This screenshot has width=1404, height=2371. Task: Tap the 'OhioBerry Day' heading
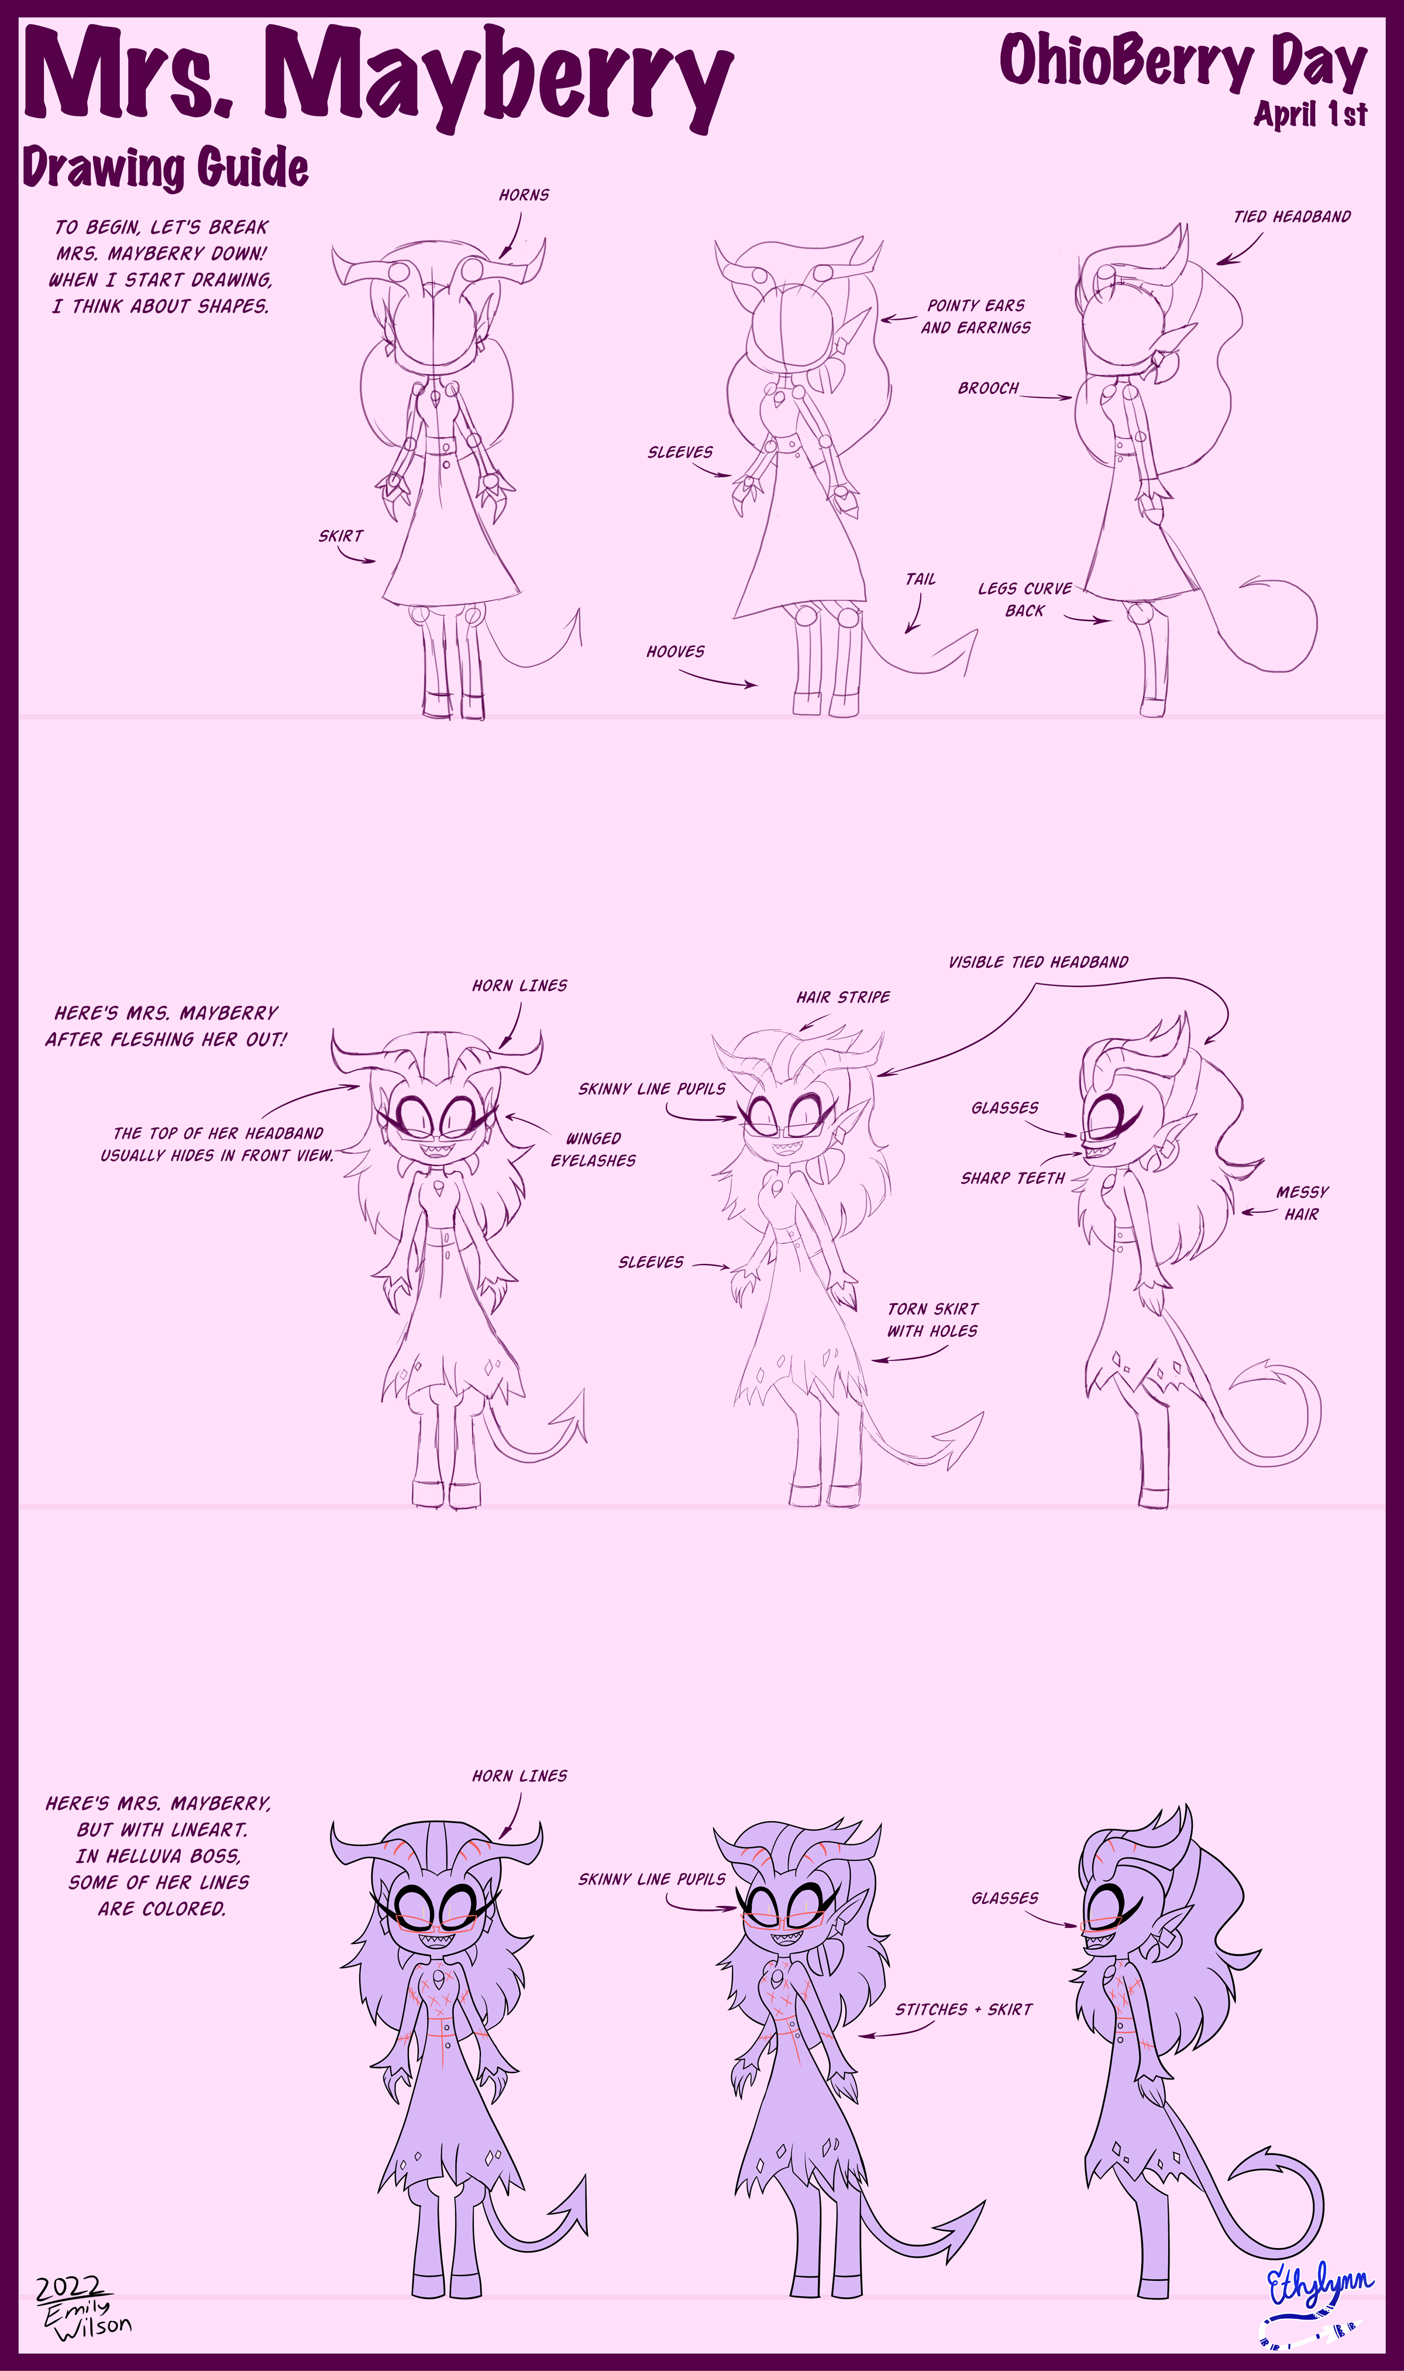[x=1183, y=61]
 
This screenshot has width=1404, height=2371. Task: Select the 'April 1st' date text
[x=1310, y=114]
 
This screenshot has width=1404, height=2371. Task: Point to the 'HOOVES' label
[x=676, y=651]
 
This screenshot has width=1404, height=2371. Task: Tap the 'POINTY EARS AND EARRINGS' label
[x=975, y=316]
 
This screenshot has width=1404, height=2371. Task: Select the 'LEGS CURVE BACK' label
[x=1024, y=599]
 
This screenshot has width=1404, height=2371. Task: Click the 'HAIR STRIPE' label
[x=843, y=996]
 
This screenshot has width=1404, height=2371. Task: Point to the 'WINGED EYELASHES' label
[x=593, y=1149]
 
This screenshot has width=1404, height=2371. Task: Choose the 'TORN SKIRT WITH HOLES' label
[x=933, y=1320]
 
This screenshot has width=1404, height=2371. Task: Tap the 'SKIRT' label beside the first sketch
[x=340, y=536]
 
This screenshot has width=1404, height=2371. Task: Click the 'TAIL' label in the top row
[x=921, y=579]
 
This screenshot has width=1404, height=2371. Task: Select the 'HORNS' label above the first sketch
[x=524, y=195]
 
